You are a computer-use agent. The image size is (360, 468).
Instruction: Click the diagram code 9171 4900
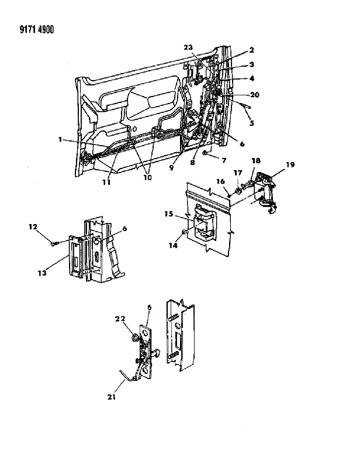click(37, 30)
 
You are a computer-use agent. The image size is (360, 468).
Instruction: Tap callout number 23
click(188, 47)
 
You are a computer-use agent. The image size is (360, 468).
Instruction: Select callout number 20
click(255, 95)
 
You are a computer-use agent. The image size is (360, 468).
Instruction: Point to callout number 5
click(252, 123)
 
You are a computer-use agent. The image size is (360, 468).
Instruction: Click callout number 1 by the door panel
click(60, 139)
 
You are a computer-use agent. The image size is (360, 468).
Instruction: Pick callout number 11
click(106, 182)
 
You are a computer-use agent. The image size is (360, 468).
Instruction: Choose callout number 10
click(148, 177)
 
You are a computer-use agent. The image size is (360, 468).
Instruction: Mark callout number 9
click(171, 168)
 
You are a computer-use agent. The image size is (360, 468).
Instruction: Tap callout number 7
click(224, 160)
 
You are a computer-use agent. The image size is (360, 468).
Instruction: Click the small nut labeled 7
click(205, 153)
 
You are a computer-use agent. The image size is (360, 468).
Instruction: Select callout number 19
click(290, 164)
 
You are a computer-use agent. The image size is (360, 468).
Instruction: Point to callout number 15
click(169, 214)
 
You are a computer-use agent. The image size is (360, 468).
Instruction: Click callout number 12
click(33, 227)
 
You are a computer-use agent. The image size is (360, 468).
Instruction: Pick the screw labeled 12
click(54, 243)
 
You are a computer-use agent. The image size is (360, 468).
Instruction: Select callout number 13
click(42, 273)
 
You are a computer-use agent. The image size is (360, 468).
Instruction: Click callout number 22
click(120, 319)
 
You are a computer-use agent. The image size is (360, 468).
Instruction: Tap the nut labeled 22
click(134, 338)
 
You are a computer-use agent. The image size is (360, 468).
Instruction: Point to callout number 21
click(111, 397)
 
